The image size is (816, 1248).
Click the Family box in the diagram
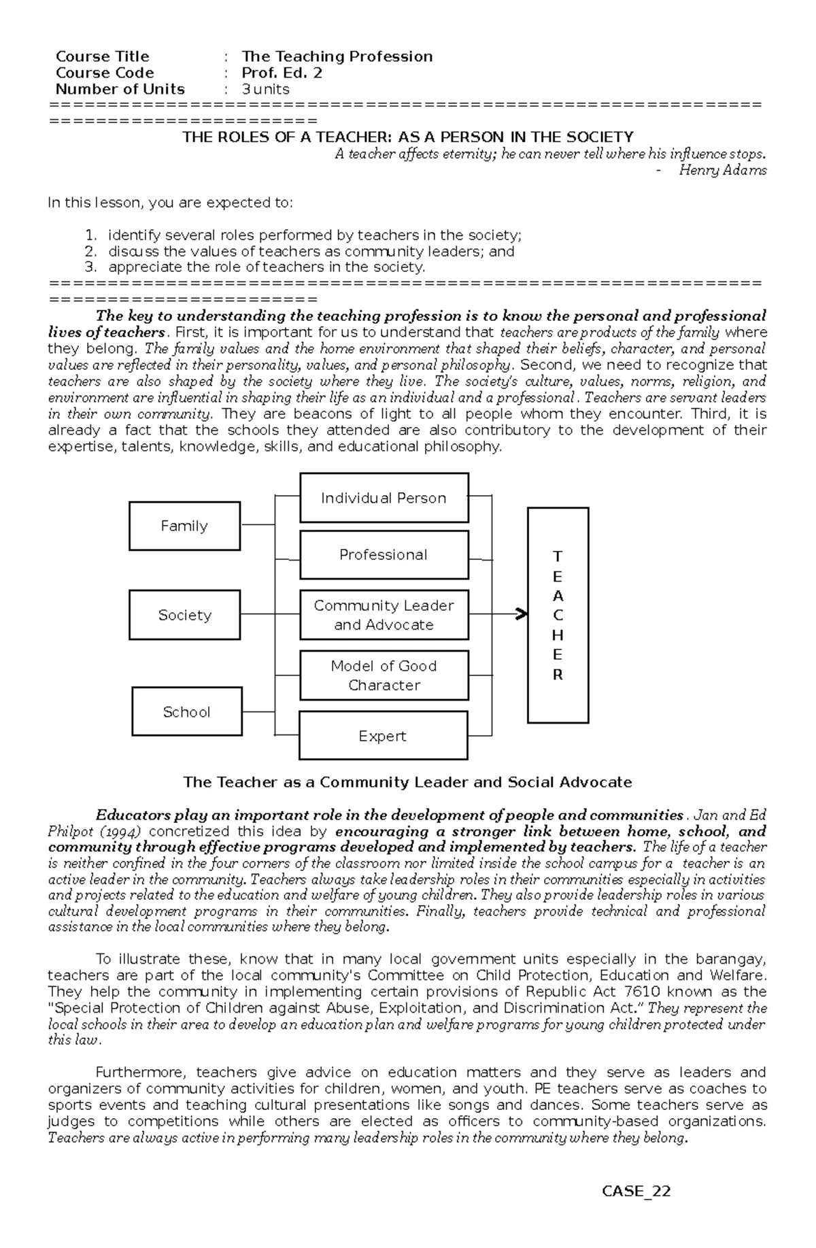(x=184, y=526)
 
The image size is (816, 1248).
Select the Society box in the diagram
(x=184, y=615)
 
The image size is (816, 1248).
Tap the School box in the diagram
(x=186, y=711)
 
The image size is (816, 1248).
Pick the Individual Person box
(x=384, y=498)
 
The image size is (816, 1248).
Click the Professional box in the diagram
(x=384, y=555)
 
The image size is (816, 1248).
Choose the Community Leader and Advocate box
(x=384, y=615)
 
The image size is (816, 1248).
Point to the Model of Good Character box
(x=384, y=675)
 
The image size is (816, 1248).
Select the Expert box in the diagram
(x=383, y=736)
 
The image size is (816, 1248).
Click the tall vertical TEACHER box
(x=558, y=615)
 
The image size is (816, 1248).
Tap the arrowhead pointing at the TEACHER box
(x=522, y=615)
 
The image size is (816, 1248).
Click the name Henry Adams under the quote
(x=722, y=171)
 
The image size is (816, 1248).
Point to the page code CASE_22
(x=636, y=1210)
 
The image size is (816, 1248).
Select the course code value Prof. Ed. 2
(x=282, y=73)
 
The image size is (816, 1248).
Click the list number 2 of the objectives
(x=90, y=251)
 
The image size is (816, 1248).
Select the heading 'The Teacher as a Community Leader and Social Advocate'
(x=407, y=782)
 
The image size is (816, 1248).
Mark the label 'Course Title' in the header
(x=102, y=56)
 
